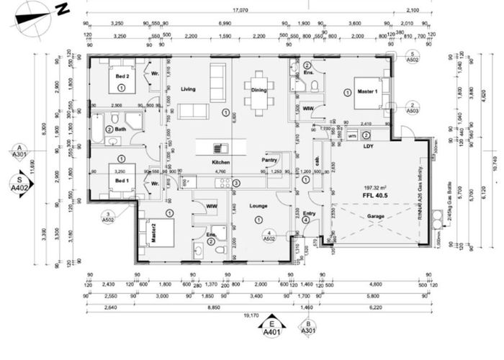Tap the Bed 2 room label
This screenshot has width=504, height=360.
click(122, 76)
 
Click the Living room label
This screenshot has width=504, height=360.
click(188, 89)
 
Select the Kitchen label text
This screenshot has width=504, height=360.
click(220, 163)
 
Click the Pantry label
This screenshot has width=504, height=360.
click(270, 159)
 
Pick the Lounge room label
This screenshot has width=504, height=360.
click(258, 205)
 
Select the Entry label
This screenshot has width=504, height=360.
click(309, 212)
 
